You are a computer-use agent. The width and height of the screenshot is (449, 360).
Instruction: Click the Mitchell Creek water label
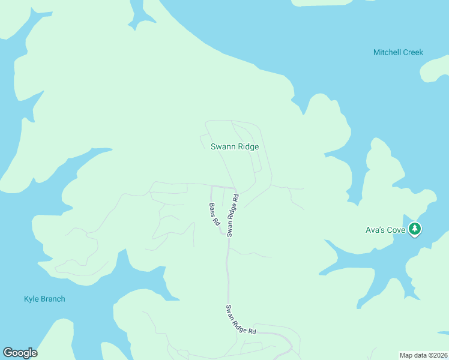click(398, 52)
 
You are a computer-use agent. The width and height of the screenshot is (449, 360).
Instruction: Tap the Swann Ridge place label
click(235, 146)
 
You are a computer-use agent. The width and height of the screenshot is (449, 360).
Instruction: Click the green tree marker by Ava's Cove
click(415, 229)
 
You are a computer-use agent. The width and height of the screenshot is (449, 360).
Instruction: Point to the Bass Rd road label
click(214, 214)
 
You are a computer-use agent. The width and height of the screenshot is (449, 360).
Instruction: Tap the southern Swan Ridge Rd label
click(241, 320)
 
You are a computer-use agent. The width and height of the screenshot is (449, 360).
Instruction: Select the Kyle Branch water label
click(44, 299)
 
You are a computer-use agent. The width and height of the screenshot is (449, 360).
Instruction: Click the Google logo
click(20, 353)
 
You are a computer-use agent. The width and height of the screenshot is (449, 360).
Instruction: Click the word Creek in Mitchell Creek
click(413, 52)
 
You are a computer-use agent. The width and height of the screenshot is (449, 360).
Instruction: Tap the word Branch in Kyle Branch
click(52, 299)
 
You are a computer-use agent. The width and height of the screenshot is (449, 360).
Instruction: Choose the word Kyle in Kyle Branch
click(31, 299)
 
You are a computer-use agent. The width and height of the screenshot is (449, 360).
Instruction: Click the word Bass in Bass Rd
click(212, 210)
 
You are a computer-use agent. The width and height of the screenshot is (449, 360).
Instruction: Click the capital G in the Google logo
click(8, 353)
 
